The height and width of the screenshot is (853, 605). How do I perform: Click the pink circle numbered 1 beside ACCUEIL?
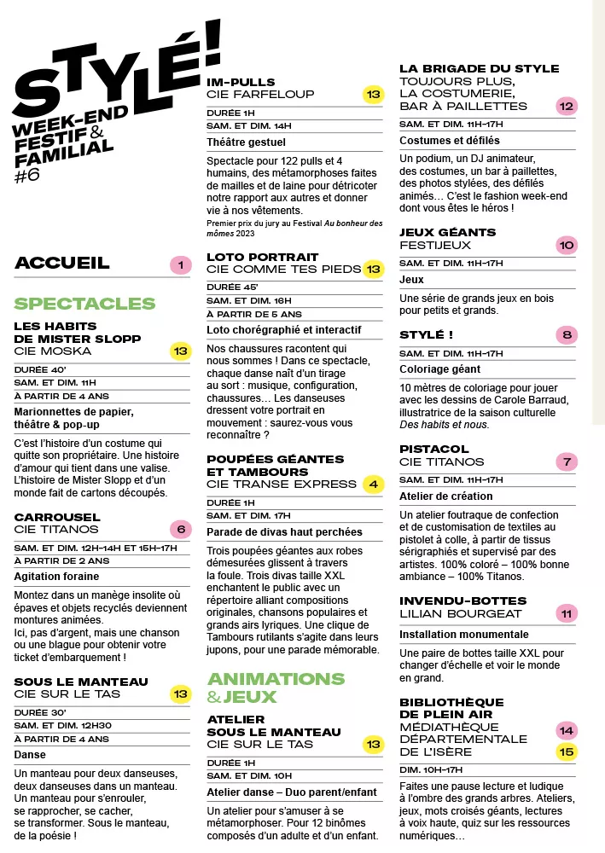pos(180,265)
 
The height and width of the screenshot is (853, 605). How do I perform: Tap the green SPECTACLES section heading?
pos(84,304)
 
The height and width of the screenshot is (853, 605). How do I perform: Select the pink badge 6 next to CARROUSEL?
pos(180,528)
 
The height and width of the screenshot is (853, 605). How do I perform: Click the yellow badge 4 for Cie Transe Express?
pos(373,484)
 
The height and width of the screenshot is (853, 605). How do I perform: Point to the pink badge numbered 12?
pos(566,106)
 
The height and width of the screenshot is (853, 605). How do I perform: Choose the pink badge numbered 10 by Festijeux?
pos(566,245)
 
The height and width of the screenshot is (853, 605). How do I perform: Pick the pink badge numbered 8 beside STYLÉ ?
pos(566,334)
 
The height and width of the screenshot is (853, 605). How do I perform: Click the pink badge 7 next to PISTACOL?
pos(566,461)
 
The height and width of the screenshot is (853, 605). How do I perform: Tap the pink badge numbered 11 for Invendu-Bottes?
pos(566,612)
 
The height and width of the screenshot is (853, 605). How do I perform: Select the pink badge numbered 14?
pos(566,730)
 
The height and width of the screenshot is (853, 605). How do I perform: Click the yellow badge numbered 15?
pos(566,751)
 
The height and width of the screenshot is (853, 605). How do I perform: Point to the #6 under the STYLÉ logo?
pos(27,177)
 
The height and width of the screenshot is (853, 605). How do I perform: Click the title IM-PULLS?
pos(241,82)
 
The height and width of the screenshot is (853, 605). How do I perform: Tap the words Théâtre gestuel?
pos(247,142)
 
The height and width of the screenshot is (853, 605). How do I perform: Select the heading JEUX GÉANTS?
pos(447,232)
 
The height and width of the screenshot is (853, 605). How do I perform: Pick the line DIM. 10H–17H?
pos(431,769)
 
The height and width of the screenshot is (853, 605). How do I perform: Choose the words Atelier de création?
pos(446,496)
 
